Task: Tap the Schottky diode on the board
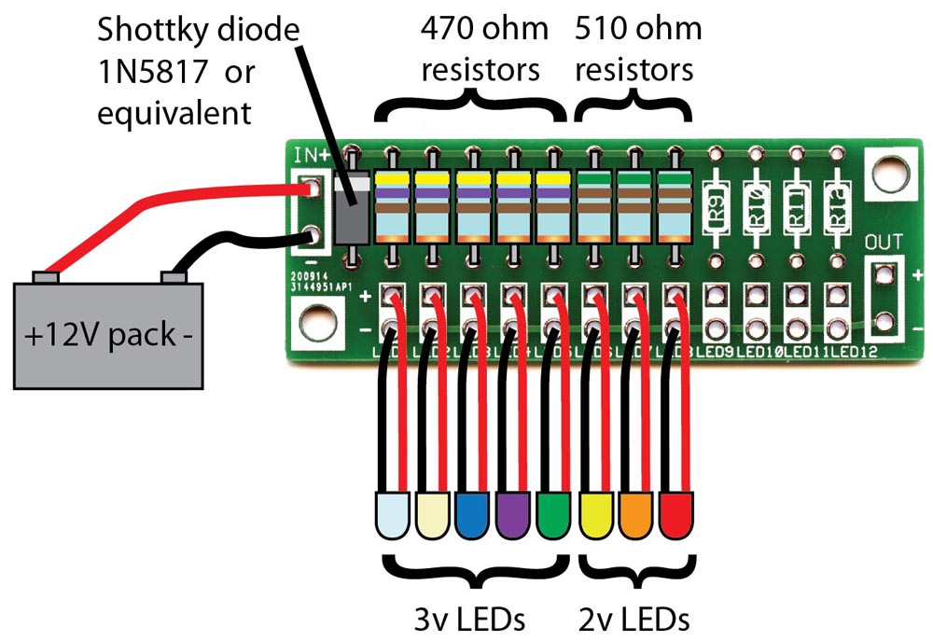tap(351, 211)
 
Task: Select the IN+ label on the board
tap(310, 155)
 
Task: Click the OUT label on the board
tap(884, 243)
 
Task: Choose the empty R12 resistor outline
tap(837, 210)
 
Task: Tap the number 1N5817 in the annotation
tap(155, 73)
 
